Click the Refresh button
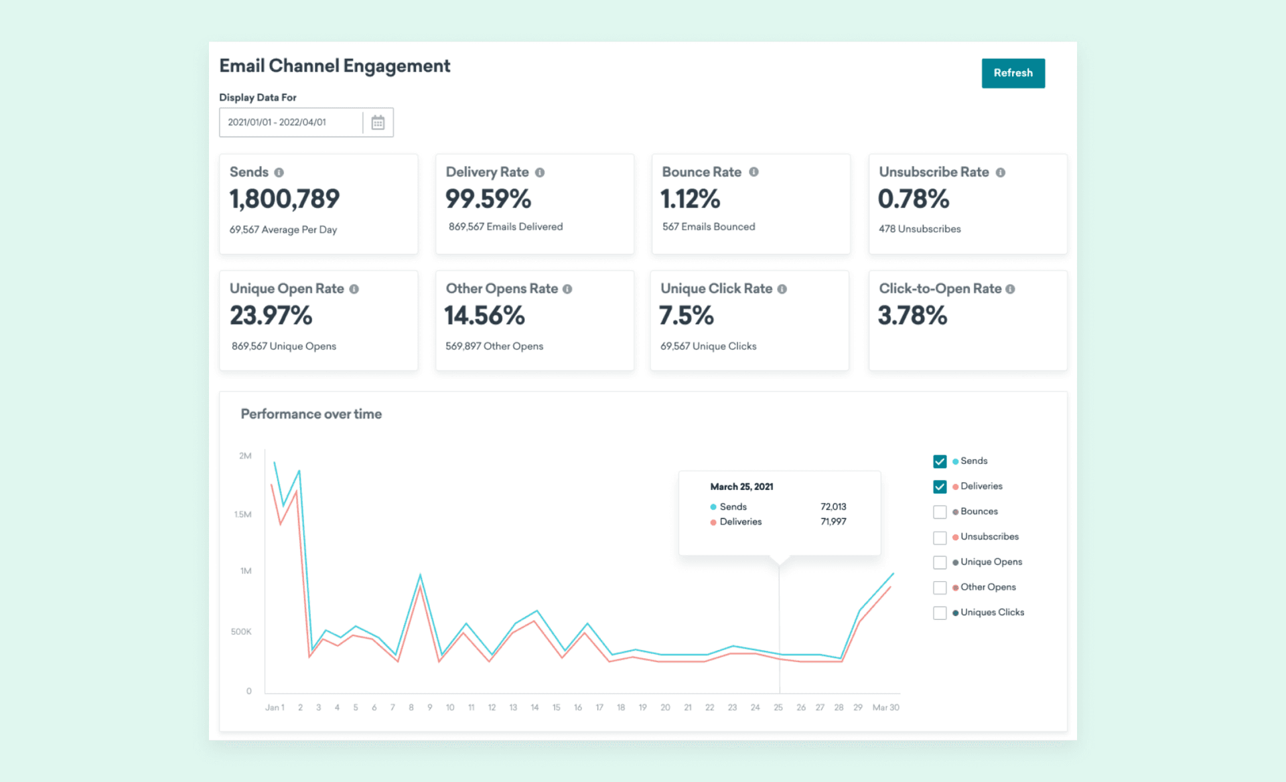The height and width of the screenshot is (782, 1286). point(1013,73)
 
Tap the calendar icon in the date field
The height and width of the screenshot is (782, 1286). point(378,123)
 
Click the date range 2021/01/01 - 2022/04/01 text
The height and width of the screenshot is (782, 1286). point(277,123)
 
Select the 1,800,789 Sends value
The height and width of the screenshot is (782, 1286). point(284,199)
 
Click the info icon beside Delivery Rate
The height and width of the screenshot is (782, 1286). point(540,173)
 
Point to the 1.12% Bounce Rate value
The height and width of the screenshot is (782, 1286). point(690,199)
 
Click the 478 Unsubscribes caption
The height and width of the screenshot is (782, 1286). point(920,229)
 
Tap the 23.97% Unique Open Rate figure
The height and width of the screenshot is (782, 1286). point(271,315)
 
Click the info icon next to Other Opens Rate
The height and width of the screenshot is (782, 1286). point(567,289)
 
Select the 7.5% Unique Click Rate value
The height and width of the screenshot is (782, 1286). point(686,315)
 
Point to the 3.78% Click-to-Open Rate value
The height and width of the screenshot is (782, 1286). point(912,315)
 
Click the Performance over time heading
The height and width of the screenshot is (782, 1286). point(311,414)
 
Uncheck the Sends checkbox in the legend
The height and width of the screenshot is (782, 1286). point(940,461)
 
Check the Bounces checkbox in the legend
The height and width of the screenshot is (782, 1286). point(940,512)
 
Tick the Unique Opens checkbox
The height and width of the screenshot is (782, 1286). point(940,562)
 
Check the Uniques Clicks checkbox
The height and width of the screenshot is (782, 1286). point(940,613)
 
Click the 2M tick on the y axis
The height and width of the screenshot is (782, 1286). point(245,456)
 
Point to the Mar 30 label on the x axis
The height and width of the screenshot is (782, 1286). point(885,708)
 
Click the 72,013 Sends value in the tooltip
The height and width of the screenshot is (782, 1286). point(833,507)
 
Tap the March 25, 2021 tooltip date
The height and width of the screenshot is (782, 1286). point(741,487)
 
